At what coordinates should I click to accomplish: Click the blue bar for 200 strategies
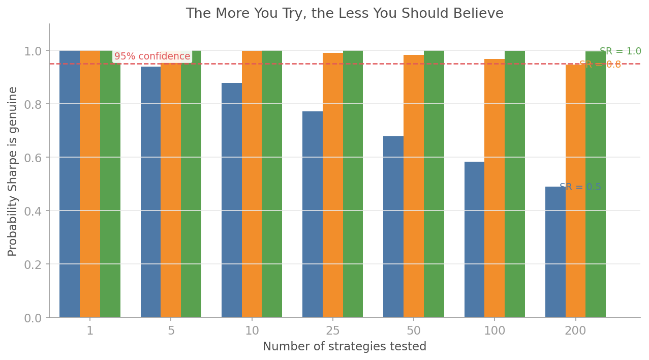click(x=555, y=252)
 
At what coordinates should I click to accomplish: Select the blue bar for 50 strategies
click(x=393, y=227)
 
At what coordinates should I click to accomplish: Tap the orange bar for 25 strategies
click(x=333, y=185)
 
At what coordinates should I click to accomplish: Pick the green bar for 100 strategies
click(x=514, y=184)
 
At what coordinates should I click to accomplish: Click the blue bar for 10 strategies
click(x=232, y=200)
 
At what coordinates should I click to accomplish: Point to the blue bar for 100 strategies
click(x=474, y=239)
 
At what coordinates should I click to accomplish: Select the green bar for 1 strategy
click(x=110, y=184)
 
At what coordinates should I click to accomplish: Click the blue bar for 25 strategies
click(x=313, y=214)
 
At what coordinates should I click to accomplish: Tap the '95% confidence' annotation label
click(x=152, y=56)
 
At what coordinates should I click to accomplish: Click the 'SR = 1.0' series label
click(x=620, y=51)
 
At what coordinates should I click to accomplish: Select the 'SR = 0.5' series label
click(x=580, y=187)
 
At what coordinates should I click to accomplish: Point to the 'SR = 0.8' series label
click(x=600, y=65)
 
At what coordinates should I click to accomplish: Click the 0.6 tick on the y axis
click(x=34, y=158)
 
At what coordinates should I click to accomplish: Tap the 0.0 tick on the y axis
click(x=34, y=318)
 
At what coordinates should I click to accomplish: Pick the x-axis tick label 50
click(x=414, y=331)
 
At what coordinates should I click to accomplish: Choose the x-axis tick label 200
click(x=575, y=331)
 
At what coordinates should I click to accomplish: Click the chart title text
click(x=345, y=14)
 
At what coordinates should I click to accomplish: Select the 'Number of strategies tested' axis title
click(x=345, y=347)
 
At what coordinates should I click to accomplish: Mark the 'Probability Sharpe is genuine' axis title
click(x=13, y=171)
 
